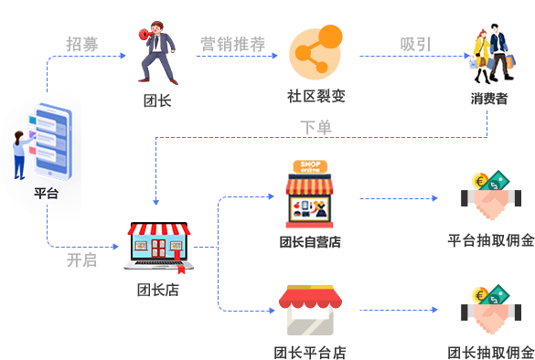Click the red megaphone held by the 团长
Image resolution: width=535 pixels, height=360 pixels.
[x=146, y=35]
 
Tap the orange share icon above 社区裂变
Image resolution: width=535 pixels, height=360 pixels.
[x=316, y=52]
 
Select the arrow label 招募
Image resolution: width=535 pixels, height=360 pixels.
[x=82, y=45]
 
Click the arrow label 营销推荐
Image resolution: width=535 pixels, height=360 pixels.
[x=232, y=45]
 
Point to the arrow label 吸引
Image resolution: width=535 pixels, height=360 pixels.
[x=415, y=45]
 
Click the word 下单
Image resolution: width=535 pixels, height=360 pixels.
[x=316, y=128]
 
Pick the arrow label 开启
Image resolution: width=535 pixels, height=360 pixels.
[x=81, y=260]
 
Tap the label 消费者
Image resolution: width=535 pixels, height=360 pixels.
[x=489, y=99]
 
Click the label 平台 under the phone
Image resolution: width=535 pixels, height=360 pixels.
[x=46, y=194]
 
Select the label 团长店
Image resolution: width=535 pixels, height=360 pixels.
[x=158, y=291]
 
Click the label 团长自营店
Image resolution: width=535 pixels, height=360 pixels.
[x=310, y=242]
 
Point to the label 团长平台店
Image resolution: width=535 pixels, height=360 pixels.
[x=310, y=353]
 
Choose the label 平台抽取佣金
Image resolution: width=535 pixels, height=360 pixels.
[x=491, y=240]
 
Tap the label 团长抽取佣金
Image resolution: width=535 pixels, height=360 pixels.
[x=491, y=353]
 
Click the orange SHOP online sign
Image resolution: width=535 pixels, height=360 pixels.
[x=310, y=166]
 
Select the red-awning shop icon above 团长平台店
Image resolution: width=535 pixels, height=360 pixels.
[x=310, y=311]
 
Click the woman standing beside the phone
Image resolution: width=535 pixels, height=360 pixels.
[x=21, y=155]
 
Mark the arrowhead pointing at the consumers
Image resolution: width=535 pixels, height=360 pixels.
[x=467, y=56]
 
